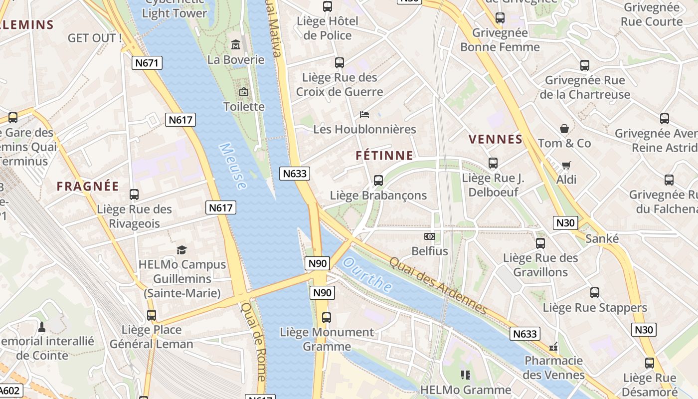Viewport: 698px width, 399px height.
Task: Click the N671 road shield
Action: pyautogui.click(x=147, y=63)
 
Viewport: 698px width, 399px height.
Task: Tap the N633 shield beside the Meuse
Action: pyautogui.click(x=294, y=174)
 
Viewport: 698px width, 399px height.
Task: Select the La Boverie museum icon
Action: pyautogui.click(x=236, y=45)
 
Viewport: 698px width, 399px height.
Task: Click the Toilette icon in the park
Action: pyautogui.click(x=244, y=92)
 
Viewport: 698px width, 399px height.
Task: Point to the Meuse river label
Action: pyautogui.click(x=233, y=167)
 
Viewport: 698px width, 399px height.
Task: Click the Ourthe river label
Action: pyautogui.click(x=368, y=274)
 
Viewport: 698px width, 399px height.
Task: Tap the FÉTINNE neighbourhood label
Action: pyautogui.click(x=384, y=156)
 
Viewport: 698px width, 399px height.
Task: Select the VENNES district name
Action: pyautogui.click(x=496, y=139)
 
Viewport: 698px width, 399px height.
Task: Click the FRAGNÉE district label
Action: pyautogui.click(x=88, y=187)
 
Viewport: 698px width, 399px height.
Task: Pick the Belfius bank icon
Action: pyautogui.click(x=429, y=236)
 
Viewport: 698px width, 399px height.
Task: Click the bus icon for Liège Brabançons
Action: pyautogui.click(x=378, y=181)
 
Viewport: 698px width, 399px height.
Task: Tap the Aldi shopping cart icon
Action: pyautogui.click(x=566, y=165)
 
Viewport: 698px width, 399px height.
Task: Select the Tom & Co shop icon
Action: pyautogui.click(x=564, y=129)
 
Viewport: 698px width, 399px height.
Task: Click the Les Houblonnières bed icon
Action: pyautogui.click(x=364, y=115)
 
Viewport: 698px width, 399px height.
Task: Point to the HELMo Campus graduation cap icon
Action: pyautogui.click(x=182, y=250)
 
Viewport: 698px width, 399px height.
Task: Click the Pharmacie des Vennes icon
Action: pyautogui.click(x=553, y=346)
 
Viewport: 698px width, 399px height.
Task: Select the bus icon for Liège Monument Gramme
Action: pyautogui.click(x=327, y=317)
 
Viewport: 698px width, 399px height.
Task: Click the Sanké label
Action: pyautogui.click(x=602, y=238)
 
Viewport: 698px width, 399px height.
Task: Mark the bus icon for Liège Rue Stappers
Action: pyautogui.click(x=595, y=293)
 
